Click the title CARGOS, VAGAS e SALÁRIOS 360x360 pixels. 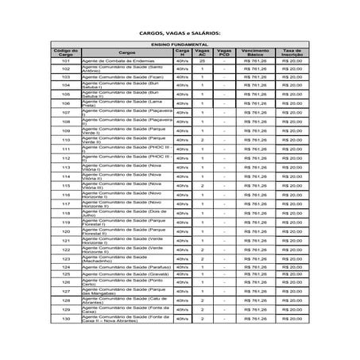click(x=180, y=33)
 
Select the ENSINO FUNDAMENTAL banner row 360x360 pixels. click(x=180, y=45)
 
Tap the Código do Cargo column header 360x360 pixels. click(x=66, y=52)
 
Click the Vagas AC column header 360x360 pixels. click(x=203, y=52)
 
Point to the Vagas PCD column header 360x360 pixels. click(x=224, y=52)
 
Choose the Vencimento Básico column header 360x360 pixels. click(x=257, y=52)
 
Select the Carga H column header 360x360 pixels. click(x=183, y=52)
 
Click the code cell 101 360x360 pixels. click(x=66, y=60)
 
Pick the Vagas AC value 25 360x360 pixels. click(x=203, y=60)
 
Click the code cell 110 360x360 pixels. click(x=66, y=140)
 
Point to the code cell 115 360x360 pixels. click(x=66, y=185)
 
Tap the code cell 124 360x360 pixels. click(x=66, y=267)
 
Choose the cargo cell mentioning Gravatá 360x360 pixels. click(x=126, y=274)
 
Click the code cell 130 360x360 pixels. click(x=66, y=319)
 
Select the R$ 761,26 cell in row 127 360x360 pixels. click(x=257, y=292)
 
